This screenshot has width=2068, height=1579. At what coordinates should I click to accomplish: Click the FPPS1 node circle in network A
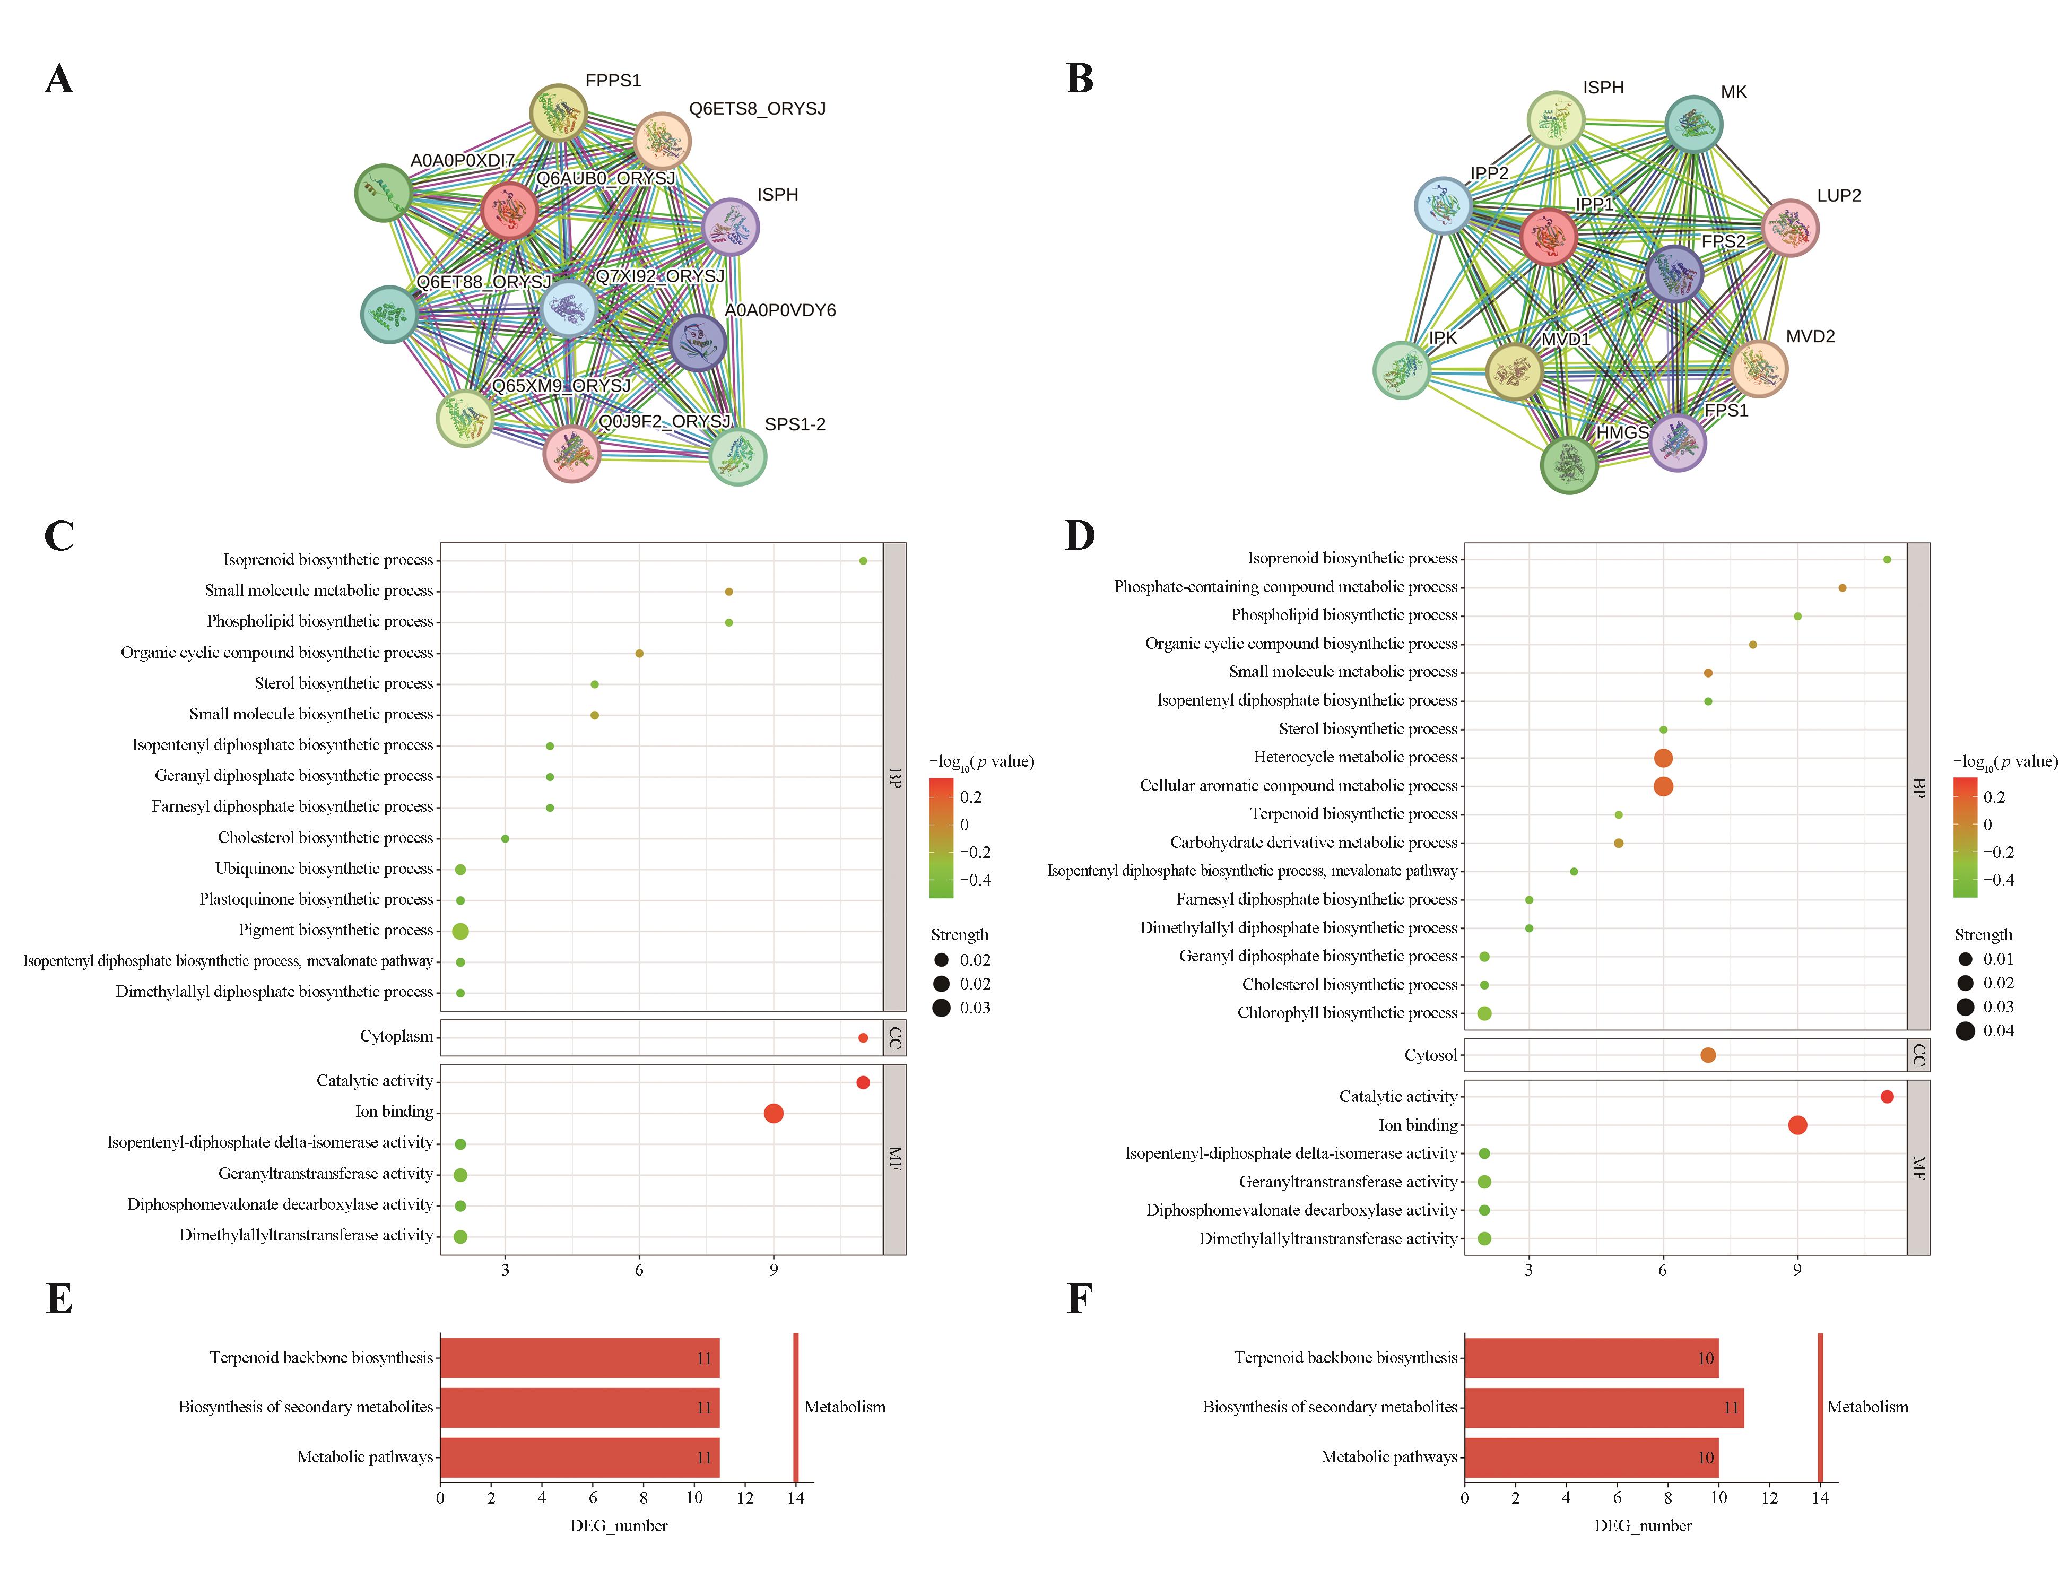click(558, 113)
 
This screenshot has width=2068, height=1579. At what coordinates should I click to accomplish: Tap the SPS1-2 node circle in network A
click(737, 457)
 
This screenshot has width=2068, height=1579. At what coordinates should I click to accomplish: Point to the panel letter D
click(1080, 536)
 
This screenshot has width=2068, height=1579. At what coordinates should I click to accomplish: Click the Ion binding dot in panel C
click(774, 1113)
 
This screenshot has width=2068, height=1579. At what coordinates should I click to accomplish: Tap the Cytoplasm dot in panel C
click(863, 1038)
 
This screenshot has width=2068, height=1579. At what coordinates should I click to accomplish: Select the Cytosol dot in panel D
click(1707, 1055)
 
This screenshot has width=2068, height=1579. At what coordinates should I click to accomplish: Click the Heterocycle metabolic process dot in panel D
click(1662, 758)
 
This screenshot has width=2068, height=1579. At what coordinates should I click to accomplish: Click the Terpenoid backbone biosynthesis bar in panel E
click(579, 1358)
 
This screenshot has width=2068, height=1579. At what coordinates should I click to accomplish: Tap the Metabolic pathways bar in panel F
click(1591, 1457)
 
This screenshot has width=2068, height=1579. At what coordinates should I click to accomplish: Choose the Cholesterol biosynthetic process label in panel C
click(325, 837)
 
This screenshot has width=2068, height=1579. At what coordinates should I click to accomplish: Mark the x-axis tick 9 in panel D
click(1796, 1271)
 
